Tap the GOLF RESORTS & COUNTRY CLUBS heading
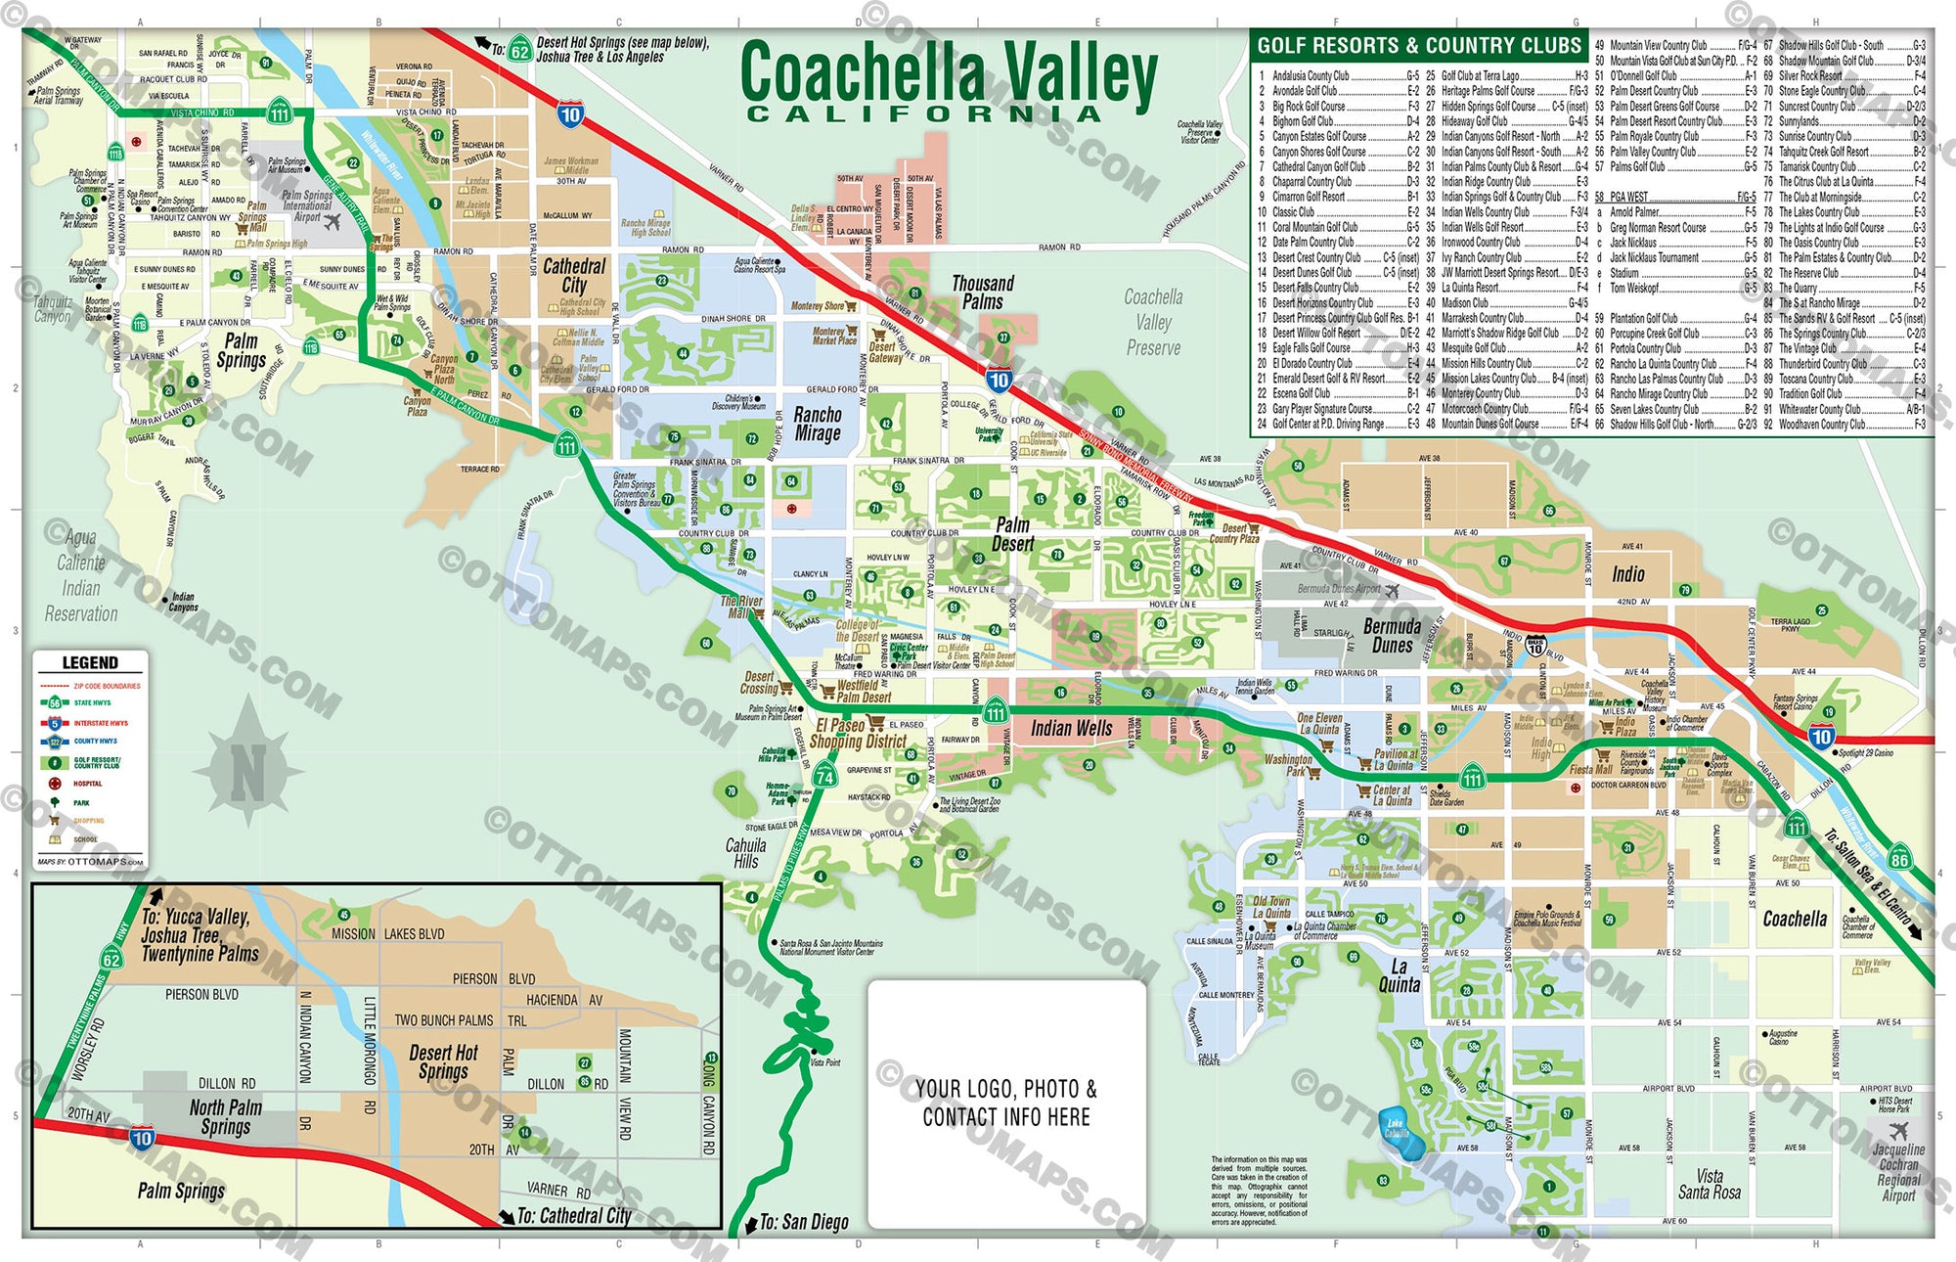pos(1418,45)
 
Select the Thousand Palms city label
pos(983,292)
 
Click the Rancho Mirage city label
pos(818,424)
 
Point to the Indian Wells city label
pos(1071,728)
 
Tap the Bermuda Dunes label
pos(1392,635)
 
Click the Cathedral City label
pos(574,275)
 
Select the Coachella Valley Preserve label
pos(1153,322)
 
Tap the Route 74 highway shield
pos(825,777)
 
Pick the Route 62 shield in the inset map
pos(112,959)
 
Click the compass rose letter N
pos(247,773)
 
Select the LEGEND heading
pos(90,662)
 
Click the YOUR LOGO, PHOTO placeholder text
pos(1006,1102)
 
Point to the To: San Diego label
pos(803,1222)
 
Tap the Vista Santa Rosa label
pos(1710,1184)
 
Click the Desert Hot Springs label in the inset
pos(443,1060)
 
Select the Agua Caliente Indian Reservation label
pos(81,575)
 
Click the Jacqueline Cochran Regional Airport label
pos(1898,1172)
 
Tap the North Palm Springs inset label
pos(226,1116)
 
